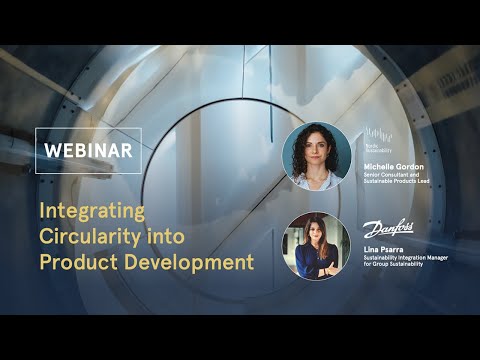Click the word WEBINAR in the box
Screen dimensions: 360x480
click(88, 151)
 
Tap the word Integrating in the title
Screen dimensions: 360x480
click(92, 211)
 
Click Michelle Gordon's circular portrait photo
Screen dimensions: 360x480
click(317, 156)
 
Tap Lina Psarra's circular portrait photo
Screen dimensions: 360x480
click(317, 246)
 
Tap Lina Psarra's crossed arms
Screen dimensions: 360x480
click(317, 265)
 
